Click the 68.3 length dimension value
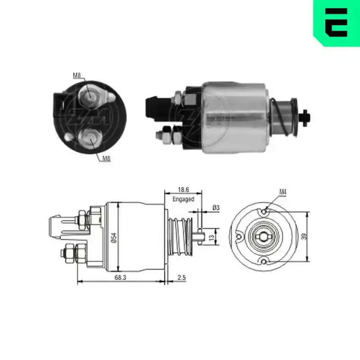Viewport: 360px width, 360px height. point(120,278)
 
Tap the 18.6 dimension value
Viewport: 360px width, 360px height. point(184,189)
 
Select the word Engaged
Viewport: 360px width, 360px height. point(184,199)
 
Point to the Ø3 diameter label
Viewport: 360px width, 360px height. point(216,208)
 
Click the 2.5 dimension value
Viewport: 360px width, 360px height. point(181,278)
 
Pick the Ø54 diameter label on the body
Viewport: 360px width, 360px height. point(114,238)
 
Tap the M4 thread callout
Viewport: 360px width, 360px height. point(283,192)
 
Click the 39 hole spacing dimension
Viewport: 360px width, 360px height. point(305,236)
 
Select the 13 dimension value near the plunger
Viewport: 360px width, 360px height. point(211,237)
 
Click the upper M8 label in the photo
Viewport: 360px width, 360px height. point(77,75)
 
